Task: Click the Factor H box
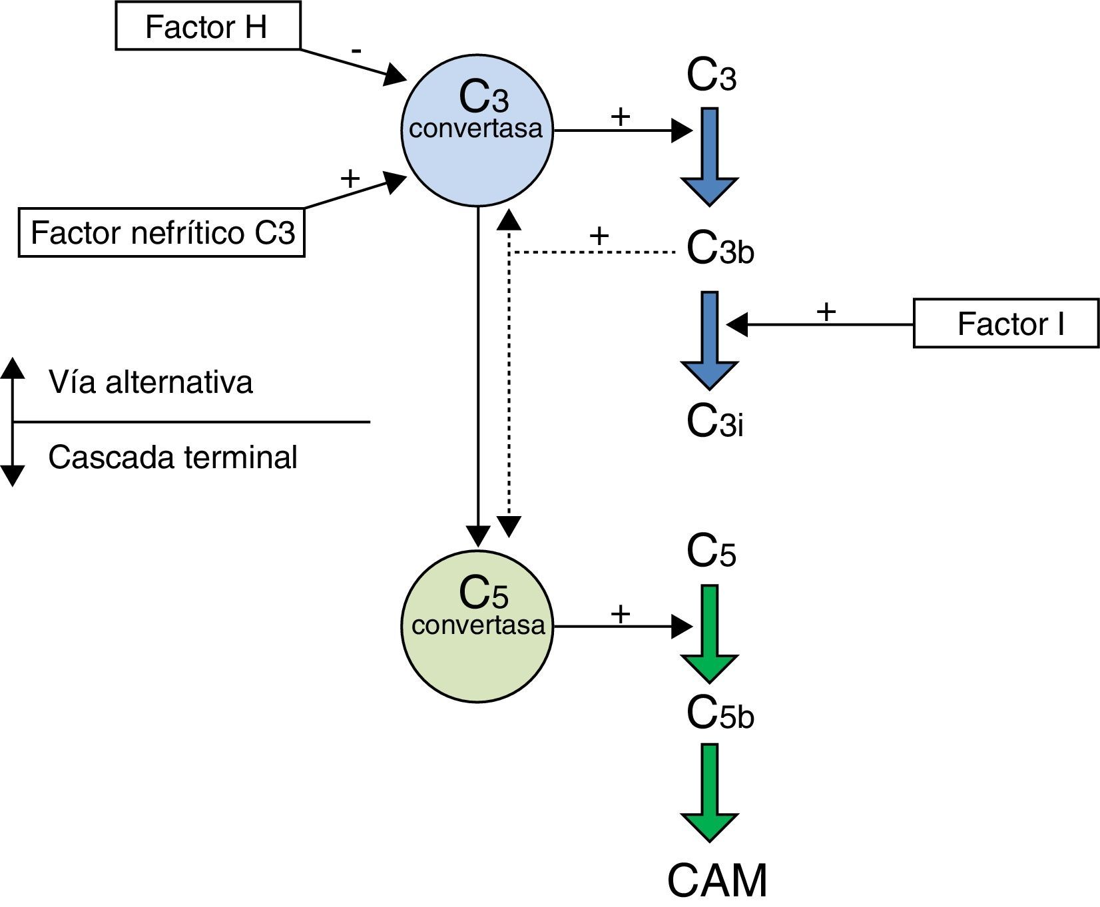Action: (207, 27)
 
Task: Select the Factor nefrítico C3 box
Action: (162, 233)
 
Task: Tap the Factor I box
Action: (1005, 324)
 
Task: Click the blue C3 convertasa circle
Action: (477, 131)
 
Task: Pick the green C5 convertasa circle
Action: (477, 626)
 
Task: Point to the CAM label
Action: (717, 880)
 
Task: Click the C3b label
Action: (720, 249)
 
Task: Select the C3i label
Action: (714, 422)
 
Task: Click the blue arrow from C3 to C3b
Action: (710, 156)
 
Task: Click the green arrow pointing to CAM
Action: (710, 792)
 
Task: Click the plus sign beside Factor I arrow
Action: (826, 311)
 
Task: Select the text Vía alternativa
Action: (150, 383)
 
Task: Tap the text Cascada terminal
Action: (172, 458)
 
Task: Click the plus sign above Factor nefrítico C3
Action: (350, 178)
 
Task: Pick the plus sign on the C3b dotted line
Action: (599, 235)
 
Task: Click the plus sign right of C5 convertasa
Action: (620, 613)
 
